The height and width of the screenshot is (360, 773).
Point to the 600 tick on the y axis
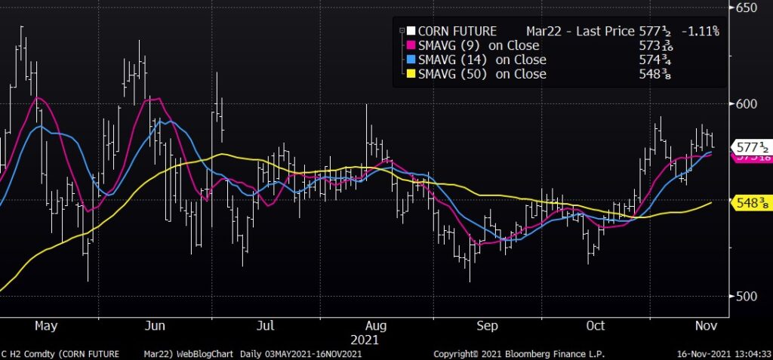(749, 103)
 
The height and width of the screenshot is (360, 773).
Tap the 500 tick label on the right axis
(749, 296)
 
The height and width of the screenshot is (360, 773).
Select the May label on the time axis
(46, 326)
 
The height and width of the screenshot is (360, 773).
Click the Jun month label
(155, 326)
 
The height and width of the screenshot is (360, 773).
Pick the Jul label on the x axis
(265, 326)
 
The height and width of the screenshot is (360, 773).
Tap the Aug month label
(376, 326)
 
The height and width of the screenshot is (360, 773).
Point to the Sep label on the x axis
(487, 326)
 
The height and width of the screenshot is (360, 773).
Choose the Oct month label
(596, 326)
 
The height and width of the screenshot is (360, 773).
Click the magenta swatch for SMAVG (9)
(411, 45)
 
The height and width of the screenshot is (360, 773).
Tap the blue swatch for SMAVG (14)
(411, 60)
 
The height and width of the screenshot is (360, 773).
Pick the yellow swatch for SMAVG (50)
(411, 74)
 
